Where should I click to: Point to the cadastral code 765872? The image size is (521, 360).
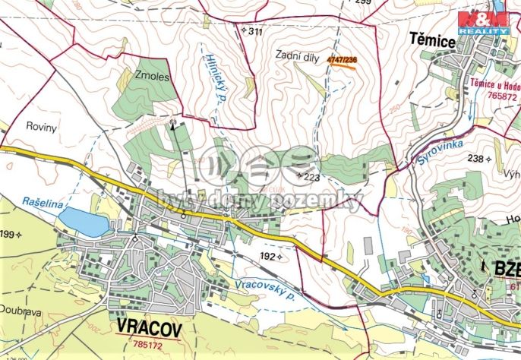[503, 96]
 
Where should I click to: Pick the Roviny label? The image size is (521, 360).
[41, 128]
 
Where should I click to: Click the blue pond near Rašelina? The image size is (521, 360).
[84, 222]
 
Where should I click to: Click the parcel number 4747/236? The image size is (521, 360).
[341, 58]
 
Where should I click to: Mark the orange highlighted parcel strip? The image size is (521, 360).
[343, 66]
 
